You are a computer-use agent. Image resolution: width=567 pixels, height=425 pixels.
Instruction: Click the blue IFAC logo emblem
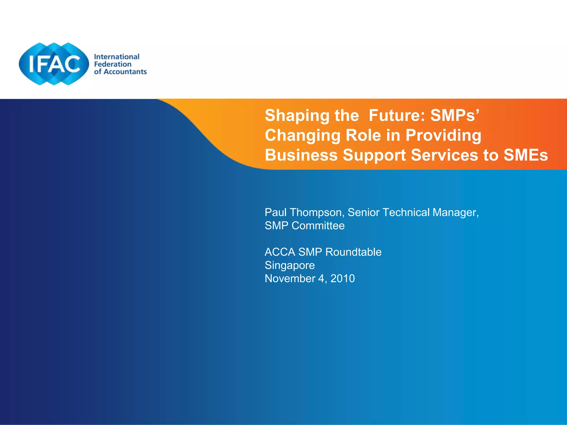(x=54, y=64)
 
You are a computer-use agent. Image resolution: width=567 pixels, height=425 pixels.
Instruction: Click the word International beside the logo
(x=117, y=57)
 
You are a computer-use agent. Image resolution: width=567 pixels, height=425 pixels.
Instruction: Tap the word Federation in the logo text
(x=113, y=64)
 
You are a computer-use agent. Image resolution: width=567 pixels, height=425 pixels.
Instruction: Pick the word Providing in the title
(x=443, y=136)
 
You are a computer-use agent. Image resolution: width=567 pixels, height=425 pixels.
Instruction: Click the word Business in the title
(x=301, y=155)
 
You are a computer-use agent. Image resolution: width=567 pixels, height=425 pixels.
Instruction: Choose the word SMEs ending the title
(x=525, y=155)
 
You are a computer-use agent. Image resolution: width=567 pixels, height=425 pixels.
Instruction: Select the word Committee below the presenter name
(x=318, y=226)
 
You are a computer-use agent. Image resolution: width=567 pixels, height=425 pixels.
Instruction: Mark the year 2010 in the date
(x=342, y=279)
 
